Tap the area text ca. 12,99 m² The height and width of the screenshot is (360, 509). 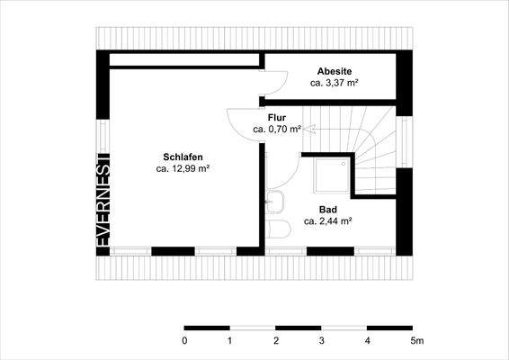pyautogui.click(x=183, y=167)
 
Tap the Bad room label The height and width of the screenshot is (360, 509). pyautogui.click(x=327, y=208)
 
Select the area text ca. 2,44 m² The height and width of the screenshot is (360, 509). pyautogui.click(x=327, y=220)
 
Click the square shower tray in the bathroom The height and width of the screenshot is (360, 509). pyautogui.click(x=331, y=175)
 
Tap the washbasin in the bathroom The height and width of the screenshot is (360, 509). pyautogui.click(x=276, y=202)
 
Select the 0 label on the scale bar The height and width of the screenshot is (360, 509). pyautogui.click(x=184, y=342)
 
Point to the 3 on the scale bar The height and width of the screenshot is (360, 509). pyautogui.click(x=321, y=342)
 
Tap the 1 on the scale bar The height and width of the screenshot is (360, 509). pyautogui.click(x=230, y=342)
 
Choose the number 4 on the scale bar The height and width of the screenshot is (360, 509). pyautogui.click(x=367, y=342)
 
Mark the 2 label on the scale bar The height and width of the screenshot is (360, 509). pyautogui.click(x=276, y=342)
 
